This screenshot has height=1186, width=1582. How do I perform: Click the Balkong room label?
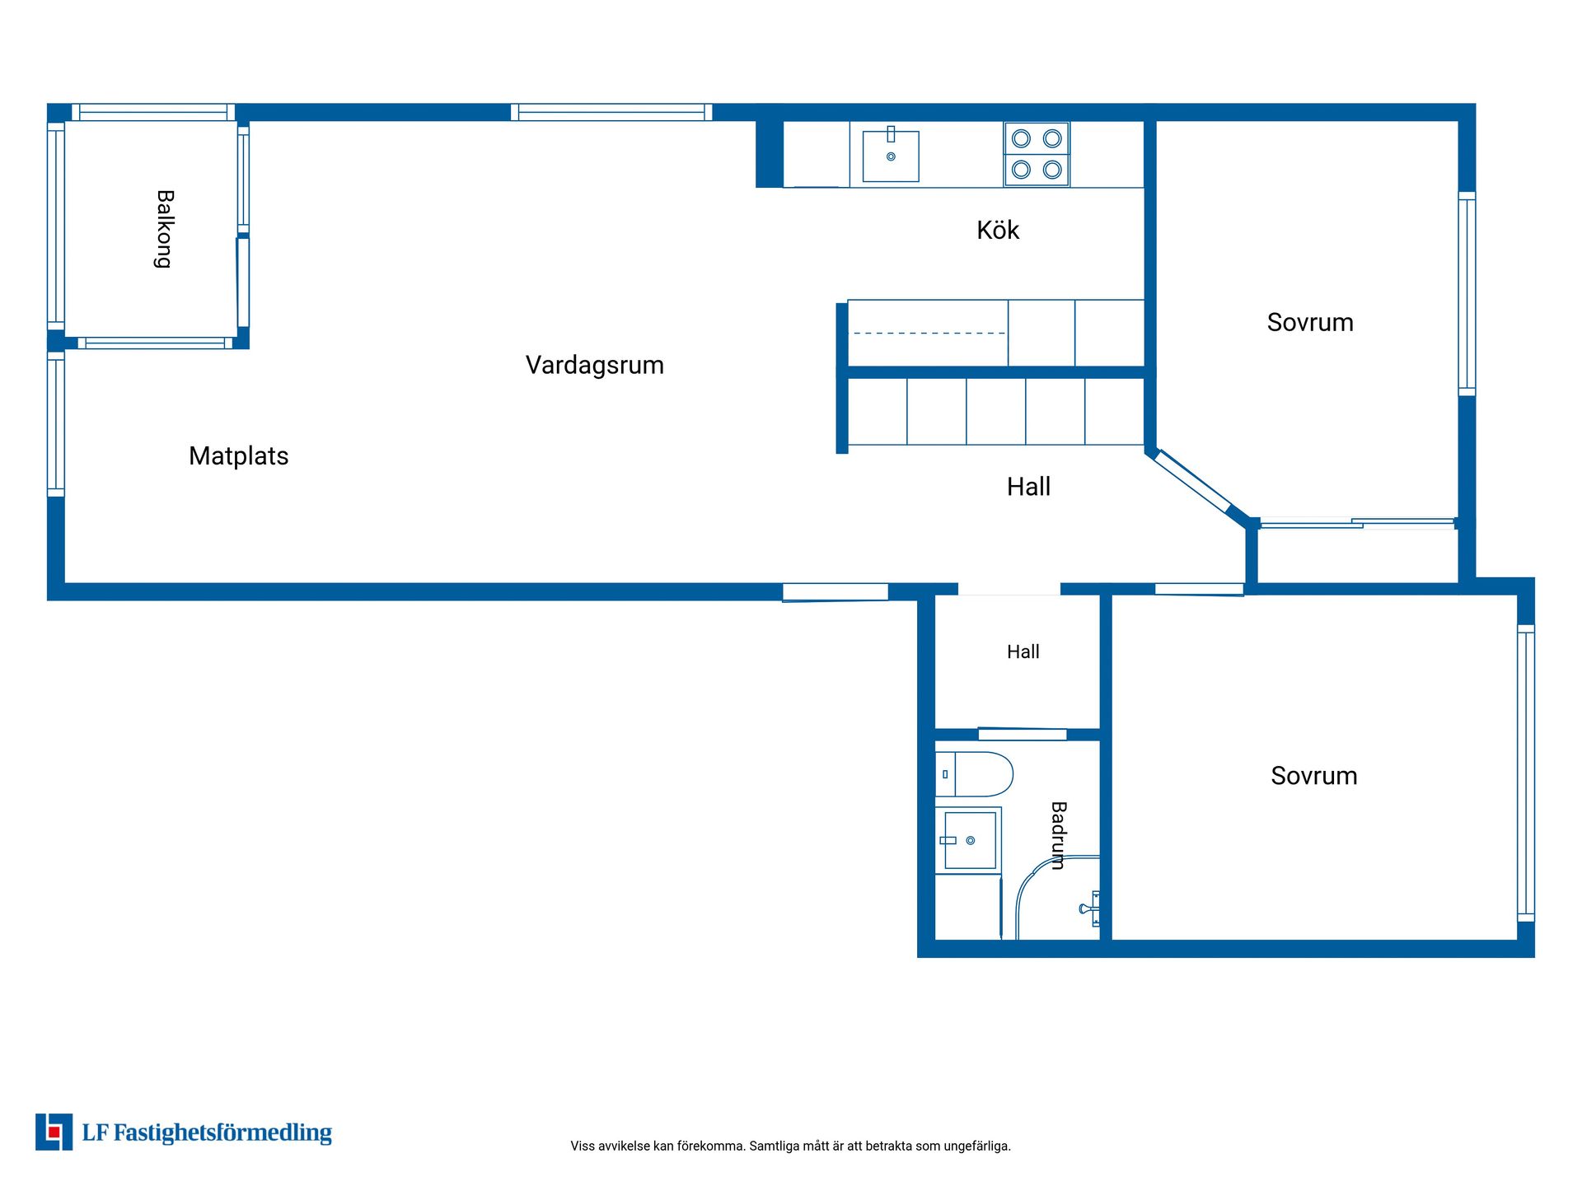click(165, 229)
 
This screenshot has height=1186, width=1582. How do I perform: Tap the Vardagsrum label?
click(594, 365)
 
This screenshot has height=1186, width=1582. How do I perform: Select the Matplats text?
click(238, 455)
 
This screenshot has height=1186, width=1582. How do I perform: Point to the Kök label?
click(997, 230)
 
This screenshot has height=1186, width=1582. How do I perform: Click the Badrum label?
click(1059, 835)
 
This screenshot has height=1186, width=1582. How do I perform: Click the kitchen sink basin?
click(891, 156)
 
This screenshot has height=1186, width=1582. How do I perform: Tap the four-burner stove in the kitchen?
click(1037, 154)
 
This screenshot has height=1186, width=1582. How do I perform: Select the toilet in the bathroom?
click(974, 774)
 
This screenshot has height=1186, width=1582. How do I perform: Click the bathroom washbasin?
click(970, 840)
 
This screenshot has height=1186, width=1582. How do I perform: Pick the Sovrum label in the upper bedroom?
click(1310, 322)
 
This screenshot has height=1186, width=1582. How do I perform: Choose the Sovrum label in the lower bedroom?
click(1313, 775)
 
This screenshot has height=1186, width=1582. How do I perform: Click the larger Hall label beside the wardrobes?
click(1028, 486)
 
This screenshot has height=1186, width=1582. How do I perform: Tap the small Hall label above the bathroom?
click(1023, 651)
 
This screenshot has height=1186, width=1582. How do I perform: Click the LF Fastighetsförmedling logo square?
click(54, 1132)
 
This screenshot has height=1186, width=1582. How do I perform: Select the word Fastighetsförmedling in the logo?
click(222, 1133)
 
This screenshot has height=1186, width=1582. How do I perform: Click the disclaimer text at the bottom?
click(790, 1146)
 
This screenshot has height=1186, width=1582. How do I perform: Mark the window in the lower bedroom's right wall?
click(1526, 773)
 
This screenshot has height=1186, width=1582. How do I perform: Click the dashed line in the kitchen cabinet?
click(929, 334)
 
